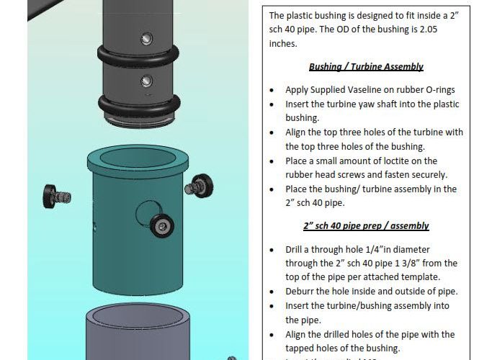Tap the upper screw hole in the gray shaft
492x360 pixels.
[x=146, y=39]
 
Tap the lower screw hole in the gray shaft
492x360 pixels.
[x=146, y=81]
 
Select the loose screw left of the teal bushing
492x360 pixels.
[x=56, y=197]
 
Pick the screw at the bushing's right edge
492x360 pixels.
[x=200, y=186]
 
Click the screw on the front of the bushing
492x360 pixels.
[x=162, y=225]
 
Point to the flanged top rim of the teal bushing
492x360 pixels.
[x=138, y=170]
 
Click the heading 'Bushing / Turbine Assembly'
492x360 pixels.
[x=366, y=67]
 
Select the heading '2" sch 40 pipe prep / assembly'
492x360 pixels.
[x=366, y=226]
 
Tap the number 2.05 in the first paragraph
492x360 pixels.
[x=429, y=30]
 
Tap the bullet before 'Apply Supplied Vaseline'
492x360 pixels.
[x=272, y=90]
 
